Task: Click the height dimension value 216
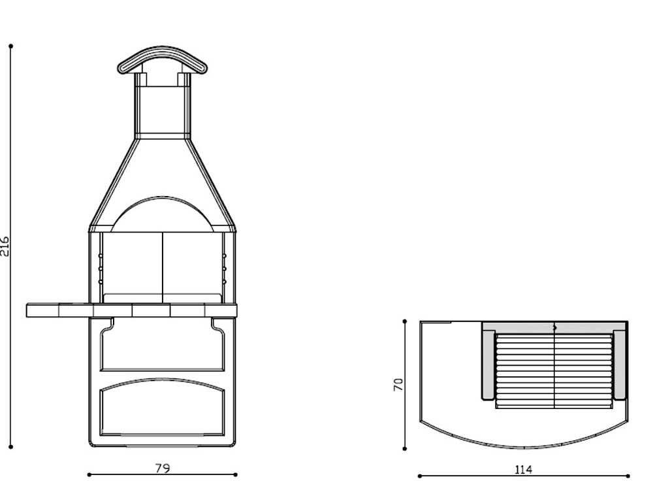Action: [x=5, y=246]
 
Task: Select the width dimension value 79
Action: [x=163, y=468]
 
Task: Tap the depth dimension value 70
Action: [x=398, y=384]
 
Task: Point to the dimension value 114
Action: [x=523, y=469]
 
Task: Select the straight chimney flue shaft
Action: [x=162, y=108]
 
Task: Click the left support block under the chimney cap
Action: [x=141, y=79]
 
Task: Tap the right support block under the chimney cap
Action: [x=183, y=79]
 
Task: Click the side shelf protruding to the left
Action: [x=59, y=310]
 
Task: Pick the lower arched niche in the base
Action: [x=162, y=410]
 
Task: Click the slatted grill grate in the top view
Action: [x=554, y=370]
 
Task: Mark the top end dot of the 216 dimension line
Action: [x=11, y=46]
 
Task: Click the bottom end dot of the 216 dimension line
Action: [x=11, y=447]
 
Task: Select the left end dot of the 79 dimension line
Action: [x=89, y=475]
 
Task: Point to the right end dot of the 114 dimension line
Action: [x=629, y=476]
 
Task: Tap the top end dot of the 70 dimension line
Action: [x=405, y=321]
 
